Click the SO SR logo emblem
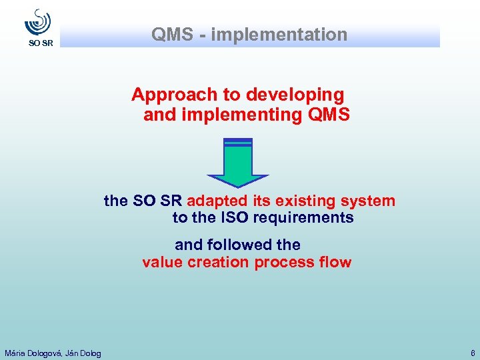tap(38, 22)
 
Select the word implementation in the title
tap(279, 35)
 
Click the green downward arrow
tap(238, 163)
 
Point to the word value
tap(162, 262)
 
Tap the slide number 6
tap(472, 353)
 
